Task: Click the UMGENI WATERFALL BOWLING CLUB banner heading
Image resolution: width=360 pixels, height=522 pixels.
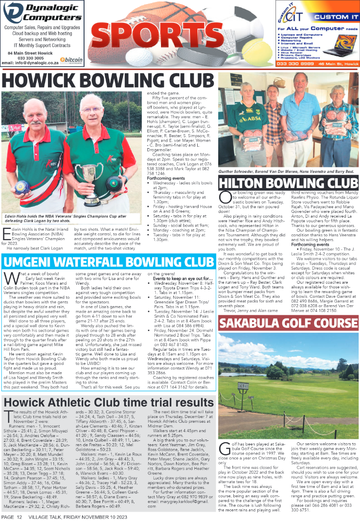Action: pyautogui.click(x=108, y=261)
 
